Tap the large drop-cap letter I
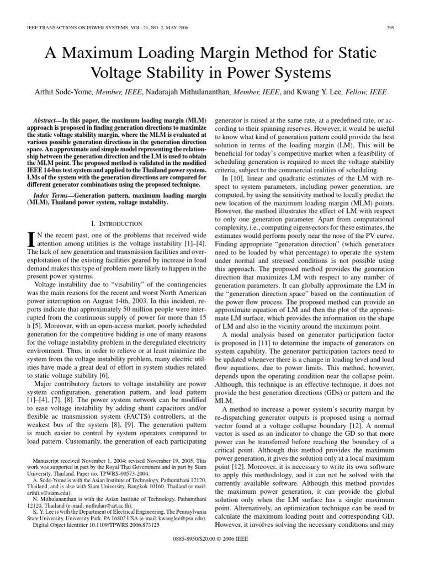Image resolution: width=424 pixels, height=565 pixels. point(31,239)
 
